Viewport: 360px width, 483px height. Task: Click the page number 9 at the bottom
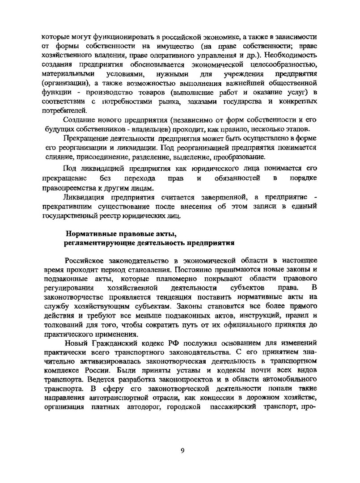click(x=182, y=450)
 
